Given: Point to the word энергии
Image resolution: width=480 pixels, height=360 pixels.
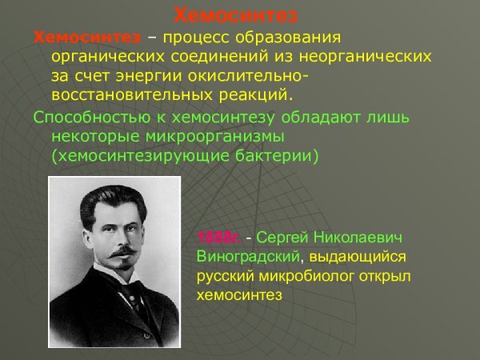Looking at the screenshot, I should click(159, 76).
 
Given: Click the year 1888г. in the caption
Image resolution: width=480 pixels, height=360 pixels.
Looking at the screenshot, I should click(218, 238).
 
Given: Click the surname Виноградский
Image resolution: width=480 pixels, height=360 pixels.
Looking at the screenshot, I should click(249, 257).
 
